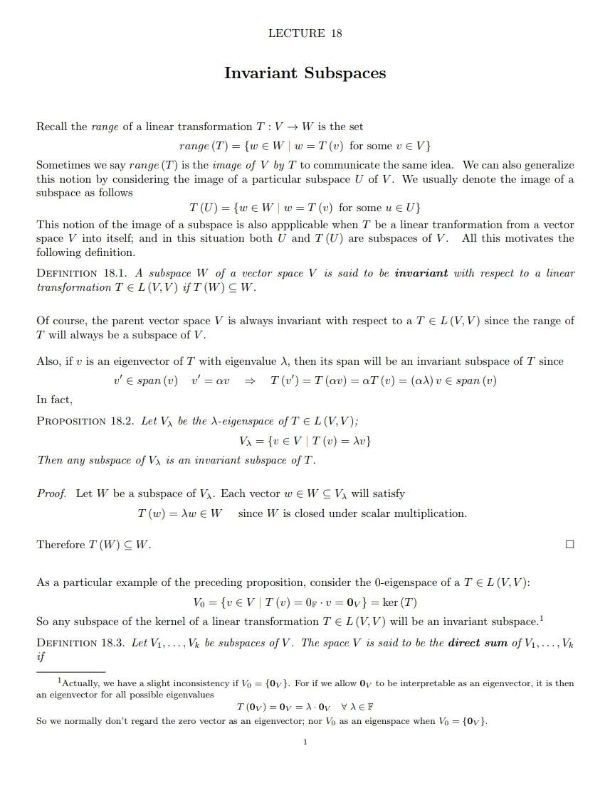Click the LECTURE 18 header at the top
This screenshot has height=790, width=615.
(305, 33)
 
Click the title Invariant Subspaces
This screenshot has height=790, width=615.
(305, 73)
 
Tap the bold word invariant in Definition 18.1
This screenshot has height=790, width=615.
(421, 273)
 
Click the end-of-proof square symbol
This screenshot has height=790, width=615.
(569, 545)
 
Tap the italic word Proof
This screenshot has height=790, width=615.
(52, 493)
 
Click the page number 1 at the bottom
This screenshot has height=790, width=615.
(305, 742)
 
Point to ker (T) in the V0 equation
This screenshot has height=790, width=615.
(399, 602)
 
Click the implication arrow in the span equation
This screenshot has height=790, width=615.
(250, 380)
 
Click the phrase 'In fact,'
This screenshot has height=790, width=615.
(55, 400)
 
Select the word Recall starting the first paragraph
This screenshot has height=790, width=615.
(52, 127)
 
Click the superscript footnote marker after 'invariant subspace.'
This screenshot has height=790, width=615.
(542, 617)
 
